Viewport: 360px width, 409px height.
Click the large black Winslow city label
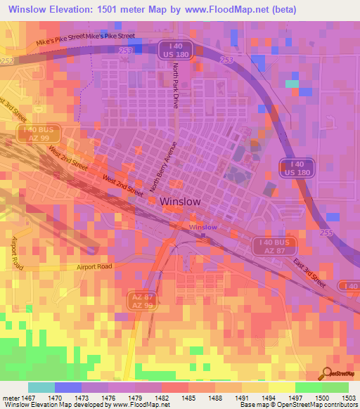pyautogui.click(x=181, y=201)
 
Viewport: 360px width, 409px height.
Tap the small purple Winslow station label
pyautogui.click(x=203, y=228)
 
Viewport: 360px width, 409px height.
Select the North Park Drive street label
pyautogui.click(x=176, y=84)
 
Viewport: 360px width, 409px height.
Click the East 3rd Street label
pyautogui.click(x=309, y=273)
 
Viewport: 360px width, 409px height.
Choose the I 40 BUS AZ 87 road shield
pyautogui.click(x=275, y=245)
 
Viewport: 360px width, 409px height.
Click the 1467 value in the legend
pyautogui.click(x=29, y=398)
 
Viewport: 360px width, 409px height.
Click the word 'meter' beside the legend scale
pyautogui.click(x=10, y=398)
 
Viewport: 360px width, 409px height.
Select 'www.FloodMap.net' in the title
pyautogui.click(x=217, y=9)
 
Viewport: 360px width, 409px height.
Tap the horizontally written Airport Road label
pyautogui.click(x=94, y=267)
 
